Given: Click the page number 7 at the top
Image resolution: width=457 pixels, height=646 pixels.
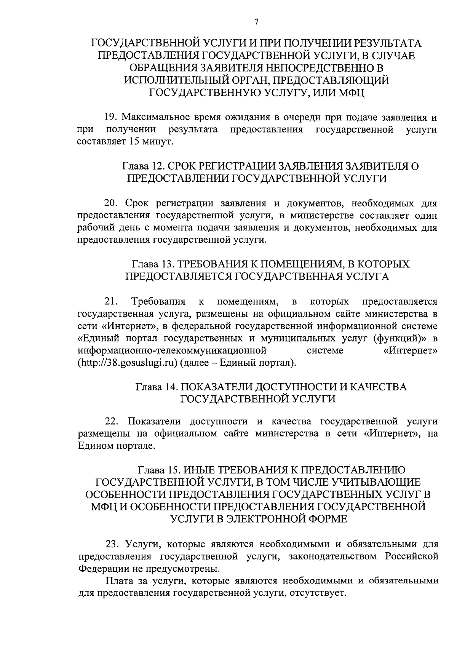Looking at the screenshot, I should point(257,22).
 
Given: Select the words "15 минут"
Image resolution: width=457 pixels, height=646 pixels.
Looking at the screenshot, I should point(154,142).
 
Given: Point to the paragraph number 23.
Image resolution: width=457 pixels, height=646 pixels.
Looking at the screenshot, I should point(113,544).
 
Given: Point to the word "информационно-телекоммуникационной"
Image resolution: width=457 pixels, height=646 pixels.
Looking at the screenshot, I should point(172,350).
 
